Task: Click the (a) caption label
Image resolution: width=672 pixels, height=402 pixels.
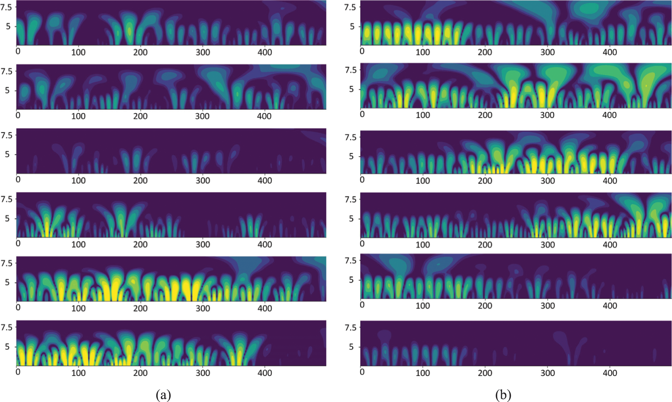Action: (163, 395)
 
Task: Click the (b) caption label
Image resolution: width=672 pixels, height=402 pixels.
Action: (503, 395)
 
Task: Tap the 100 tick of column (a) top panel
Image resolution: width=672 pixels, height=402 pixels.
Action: (78, 52)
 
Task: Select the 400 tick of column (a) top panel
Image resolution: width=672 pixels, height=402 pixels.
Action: (265, 52)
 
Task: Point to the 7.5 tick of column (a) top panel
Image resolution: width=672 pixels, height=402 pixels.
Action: (6, 7)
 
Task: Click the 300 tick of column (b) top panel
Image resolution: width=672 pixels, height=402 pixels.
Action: (547, 52)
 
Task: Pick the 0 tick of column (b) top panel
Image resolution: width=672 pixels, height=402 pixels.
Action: (362, 51)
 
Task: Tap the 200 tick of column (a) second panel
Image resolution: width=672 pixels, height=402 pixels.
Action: (140, 116)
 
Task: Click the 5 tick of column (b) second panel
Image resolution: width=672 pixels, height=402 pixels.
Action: (352, 89)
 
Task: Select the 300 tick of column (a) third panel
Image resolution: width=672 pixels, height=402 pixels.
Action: (203, 180)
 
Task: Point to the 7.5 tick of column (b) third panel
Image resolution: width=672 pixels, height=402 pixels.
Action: (351, 137)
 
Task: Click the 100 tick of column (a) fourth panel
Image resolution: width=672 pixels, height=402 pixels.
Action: (78, 245)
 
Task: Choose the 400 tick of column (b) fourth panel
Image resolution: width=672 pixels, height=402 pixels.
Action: (610, 245)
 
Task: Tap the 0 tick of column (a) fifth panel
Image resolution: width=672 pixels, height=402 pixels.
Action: (18, 307)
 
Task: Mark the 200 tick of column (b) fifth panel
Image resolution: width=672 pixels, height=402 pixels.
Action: (485, 306)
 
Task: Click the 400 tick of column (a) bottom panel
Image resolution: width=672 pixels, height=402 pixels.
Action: (265, 373)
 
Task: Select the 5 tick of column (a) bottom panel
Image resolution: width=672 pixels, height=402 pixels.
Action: (7, 347)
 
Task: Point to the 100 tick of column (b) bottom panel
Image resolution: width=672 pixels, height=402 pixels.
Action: (423, 373)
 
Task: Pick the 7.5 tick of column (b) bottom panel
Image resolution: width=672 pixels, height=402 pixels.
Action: (351, 328)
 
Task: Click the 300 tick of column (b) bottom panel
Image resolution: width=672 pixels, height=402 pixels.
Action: (547, 373)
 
